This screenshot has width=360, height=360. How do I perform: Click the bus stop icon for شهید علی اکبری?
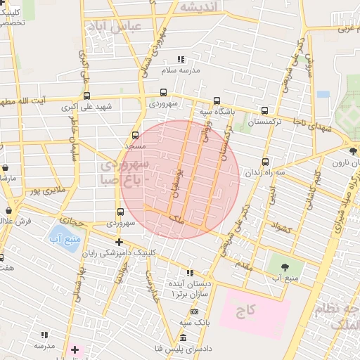pos(86,96)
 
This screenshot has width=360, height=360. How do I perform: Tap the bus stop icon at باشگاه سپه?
pos(216,100)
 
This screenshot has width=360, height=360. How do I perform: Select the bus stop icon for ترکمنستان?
pos(264,110)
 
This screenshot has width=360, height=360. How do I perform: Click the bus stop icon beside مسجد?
pos(135,135)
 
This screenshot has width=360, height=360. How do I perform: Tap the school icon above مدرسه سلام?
pos(181,60)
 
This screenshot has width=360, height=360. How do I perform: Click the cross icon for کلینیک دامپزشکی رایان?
pos(119,242)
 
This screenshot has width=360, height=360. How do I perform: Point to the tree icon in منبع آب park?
pos(285,266)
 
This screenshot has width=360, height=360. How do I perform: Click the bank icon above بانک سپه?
pos(194,311)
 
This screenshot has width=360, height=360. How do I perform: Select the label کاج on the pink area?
pos(246,309)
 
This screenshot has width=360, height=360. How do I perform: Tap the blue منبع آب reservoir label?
pos(63,239)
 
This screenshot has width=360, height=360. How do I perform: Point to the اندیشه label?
pos(200,6)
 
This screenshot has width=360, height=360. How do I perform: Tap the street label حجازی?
pos(71,220)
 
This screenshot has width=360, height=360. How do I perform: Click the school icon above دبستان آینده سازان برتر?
pos(189,273)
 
